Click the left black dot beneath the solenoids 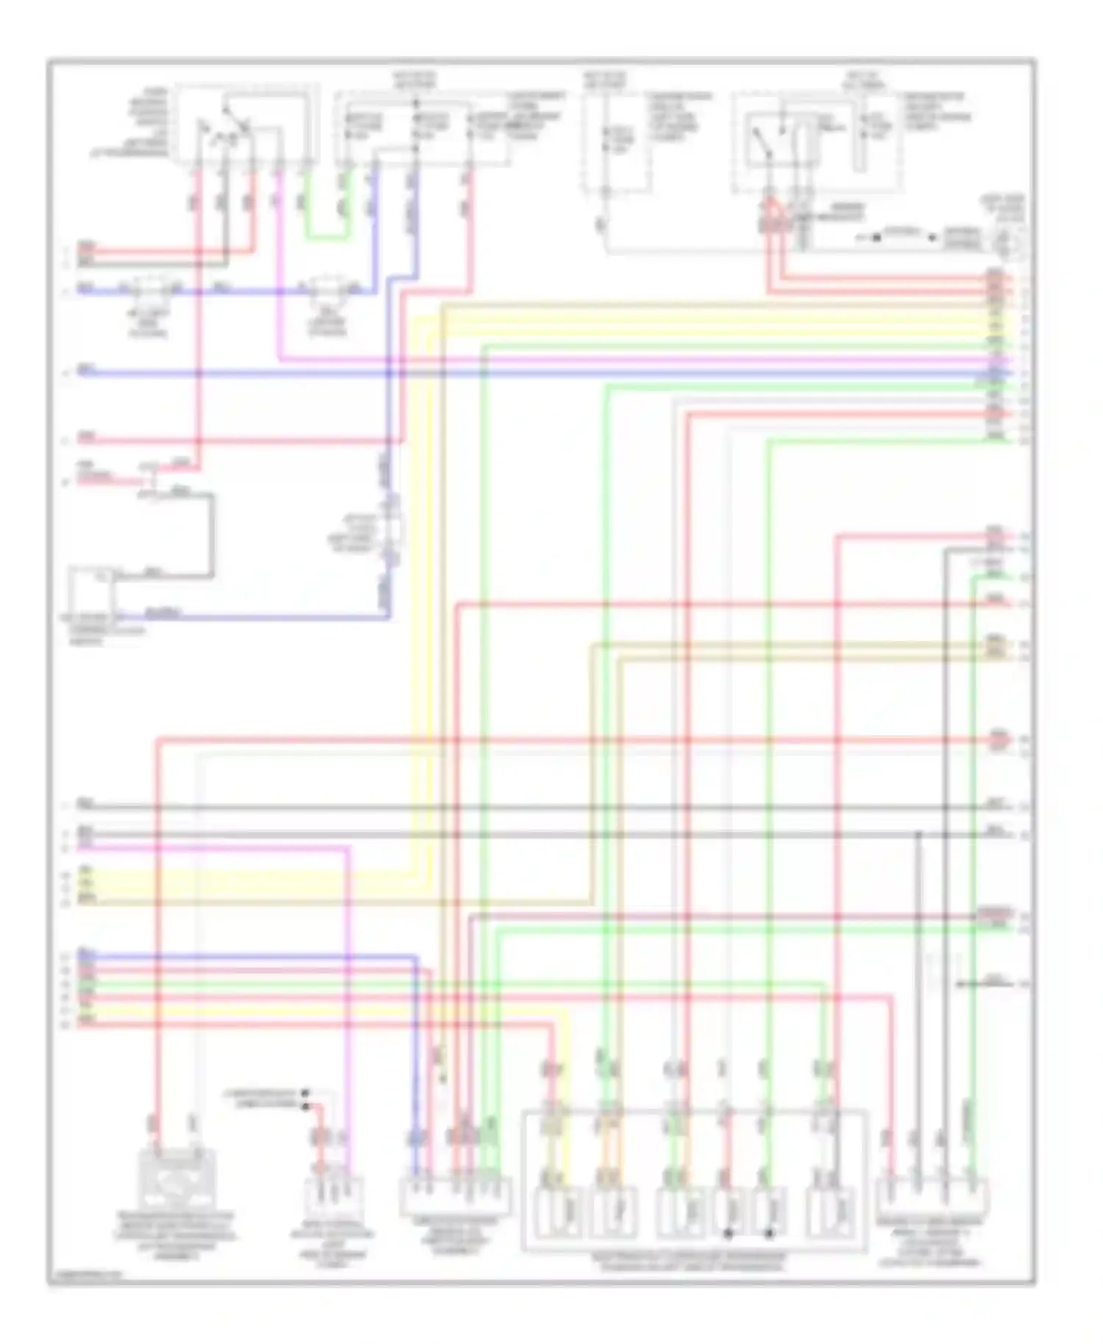click(728, 1233)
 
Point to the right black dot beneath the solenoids click(769, 1233)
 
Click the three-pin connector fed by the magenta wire click(334, 1198)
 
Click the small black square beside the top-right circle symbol click(933, 237)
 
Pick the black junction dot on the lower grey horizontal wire click(918, 834)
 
